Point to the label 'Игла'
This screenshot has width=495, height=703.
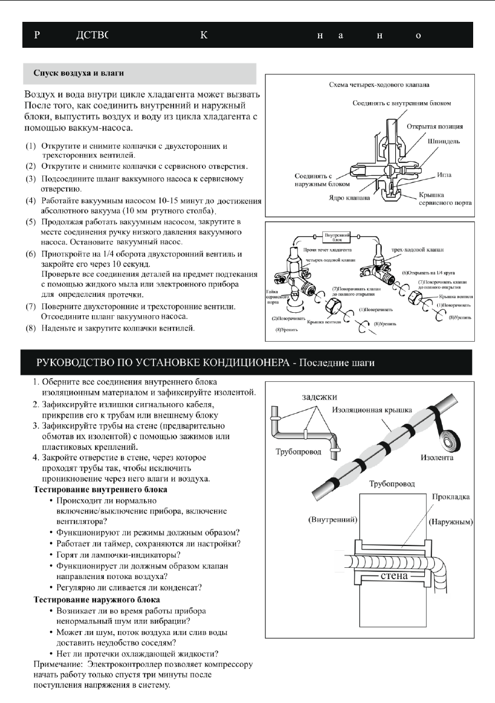tap(445, 175)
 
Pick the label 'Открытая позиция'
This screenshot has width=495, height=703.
tap(438, 126)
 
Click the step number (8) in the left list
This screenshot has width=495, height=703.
tap(29, 329)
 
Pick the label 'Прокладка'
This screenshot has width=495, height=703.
tap(450, 498)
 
